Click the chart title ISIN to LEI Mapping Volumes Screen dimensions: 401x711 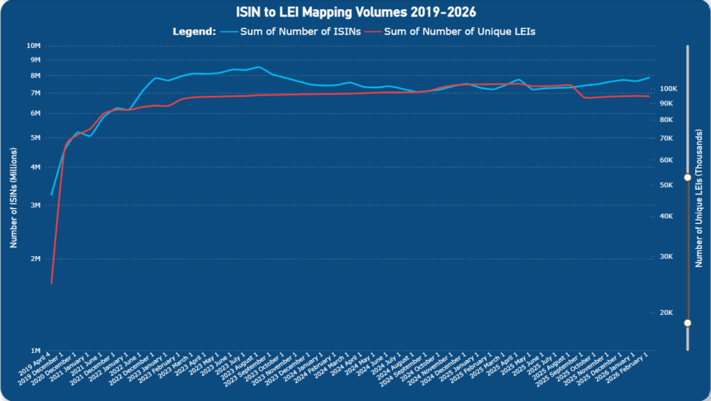point(355,12)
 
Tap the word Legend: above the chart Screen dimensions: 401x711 point(194,31)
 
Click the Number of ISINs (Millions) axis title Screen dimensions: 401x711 point(12,198)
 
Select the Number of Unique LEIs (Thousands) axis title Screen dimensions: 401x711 point(699,198)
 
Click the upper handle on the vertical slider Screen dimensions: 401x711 point(687,178)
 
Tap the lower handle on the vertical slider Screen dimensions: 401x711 point(687,323)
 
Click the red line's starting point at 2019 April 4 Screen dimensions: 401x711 point(51,283)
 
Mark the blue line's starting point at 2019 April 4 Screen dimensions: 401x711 point(51,194)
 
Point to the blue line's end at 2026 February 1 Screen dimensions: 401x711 point(649,78)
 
